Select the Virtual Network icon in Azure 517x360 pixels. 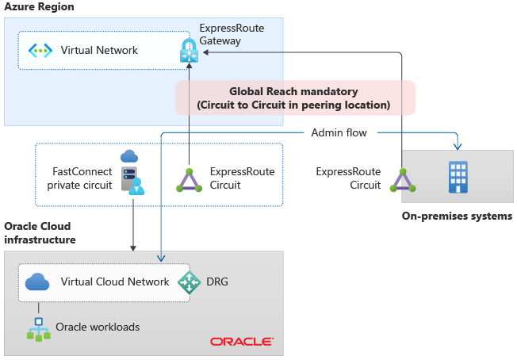click(x=40, y=51)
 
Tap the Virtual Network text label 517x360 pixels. click(x=99, y=51)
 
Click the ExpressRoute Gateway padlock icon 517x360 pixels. click(x=189, y=51)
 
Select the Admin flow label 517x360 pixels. click(x=339, y=132)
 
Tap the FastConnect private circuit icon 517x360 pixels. click(x=131, y=171)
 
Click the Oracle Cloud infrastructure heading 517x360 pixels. click(x=40, y=232)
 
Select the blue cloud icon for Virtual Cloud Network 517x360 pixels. click(x=38, y=281)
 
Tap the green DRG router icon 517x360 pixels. click(x=190, y=282)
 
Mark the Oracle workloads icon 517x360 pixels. click(x=37, y=328)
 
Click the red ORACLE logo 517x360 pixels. click(x=242, y=342)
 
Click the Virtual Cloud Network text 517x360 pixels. click(x=115, y=281)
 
